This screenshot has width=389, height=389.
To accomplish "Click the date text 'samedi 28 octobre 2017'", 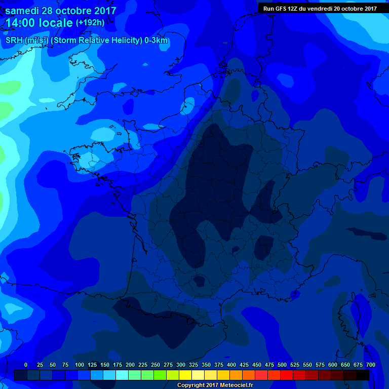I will (61, 11).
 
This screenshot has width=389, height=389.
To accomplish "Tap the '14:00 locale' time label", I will (39, 23).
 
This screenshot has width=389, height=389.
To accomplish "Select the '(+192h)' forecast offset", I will (90, 23).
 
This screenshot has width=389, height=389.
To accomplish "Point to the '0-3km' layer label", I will (157, 41).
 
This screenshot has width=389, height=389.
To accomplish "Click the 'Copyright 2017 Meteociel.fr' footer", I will (215, 385).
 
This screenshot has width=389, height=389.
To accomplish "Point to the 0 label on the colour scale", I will (26, 365).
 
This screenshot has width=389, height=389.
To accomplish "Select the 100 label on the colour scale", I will (80, 365).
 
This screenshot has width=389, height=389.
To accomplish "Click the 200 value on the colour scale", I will (130, 365).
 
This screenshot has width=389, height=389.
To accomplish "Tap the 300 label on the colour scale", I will (181, 365).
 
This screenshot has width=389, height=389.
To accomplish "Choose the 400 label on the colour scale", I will (231, 365).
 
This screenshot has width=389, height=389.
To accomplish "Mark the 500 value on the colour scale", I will (282, 365).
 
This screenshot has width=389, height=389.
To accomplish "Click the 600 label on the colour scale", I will (333, 365).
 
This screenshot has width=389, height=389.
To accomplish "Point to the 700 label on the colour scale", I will (371, 365).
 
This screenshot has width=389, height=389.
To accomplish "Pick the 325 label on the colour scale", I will (193, 365).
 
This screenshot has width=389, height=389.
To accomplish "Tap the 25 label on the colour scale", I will (40, 365).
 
